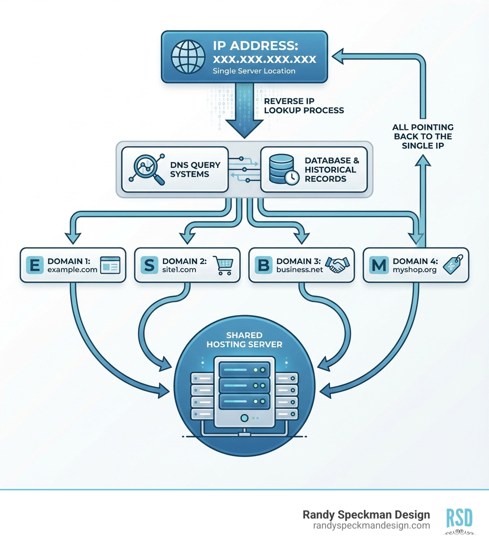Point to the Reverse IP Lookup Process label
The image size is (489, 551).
(304, 106)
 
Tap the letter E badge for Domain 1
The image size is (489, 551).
(34, 265)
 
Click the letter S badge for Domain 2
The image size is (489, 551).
(149, 265)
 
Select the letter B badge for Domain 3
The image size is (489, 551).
(263, 265)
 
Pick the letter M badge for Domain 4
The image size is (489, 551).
(379, 265)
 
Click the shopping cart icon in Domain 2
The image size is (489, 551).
(222, 265)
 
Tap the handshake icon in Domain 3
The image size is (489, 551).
(337, 265)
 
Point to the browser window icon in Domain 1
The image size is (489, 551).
(109, 265)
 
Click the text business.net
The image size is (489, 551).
(299, 270)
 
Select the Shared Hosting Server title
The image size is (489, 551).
(244, 339)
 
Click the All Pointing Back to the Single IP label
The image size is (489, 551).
(423, 136)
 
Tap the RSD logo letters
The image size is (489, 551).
(459, 518)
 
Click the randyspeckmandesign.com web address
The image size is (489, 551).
(372, 525)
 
